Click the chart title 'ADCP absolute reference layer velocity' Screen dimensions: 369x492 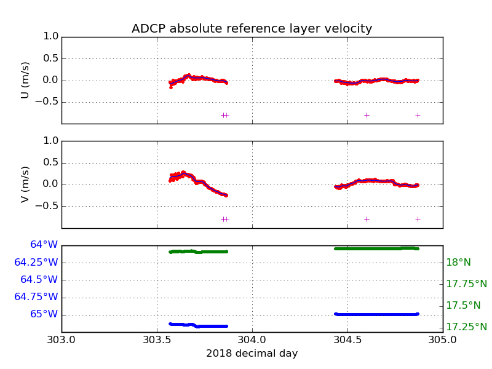click(x=252, y=29)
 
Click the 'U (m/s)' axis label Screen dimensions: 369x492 click(x=25, y=80)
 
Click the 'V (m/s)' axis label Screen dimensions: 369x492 click(x=25, y=184)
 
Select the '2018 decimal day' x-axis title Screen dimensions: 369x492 click(x=252, y=354)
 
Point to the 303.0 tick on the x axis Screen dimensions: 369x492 click(x=61, y=340)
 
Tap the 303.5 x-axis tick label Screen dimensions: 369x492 click(x=157, y=340)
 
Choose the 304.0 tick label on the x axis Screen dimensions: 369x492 click(x=252, y=340)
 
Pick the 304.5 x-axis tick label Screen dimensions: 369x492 click(x=347, y=340)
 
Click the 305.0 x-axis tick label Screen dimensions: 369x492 click(x=442, y=340)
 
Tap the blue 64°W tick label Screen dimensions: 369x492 click(x=44, y=245)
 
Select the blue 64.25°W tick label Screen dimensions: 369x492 click(x=36, y=263)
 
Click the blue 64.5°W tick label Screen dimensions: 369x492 click(x=39, y=280)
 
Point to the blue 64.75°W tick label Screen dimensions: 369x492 click(x=36, y=297)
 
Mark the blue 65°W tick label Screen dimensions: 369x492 click(x=44, y=314)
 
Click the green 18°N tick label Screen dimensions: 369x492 click(x=458, y=263)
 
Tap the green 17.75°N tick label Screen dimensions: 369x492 click(x=466, y=284)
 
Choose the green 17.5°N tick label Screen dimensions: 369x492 click(x=463, y=306)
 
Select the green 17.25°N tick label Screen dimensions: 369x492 click(x=466, y=327)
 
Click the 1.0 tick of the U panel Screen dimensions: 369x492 click(x=51, y=37)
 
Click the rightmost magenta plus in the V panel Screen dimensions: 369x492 click(x=418, y=219)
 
